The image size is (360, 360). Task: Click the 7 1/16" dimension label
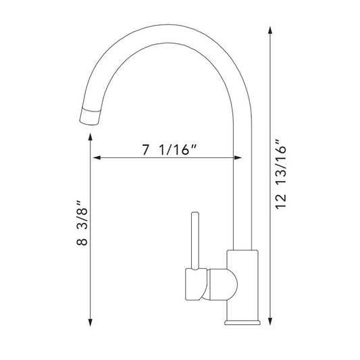pos(170,150)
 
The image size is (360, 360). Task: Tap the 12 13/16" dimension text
pos(281,174)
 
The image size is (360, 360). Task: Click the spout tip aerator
pos(91,116)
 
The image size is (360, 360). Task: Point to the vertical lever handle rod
pos(195,240)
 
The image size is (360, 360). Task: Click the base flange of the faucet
pos(242,323)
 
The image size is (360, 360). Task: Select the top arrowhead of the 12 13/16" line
pos(270,30)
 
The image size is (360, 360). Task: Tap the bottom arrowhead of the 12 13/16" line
pos(270,321)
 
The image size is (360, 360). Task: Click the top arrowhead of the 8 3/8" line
pos(91,137)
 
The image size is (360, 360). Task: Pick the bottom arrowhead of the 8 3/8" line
pos(91,322)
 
